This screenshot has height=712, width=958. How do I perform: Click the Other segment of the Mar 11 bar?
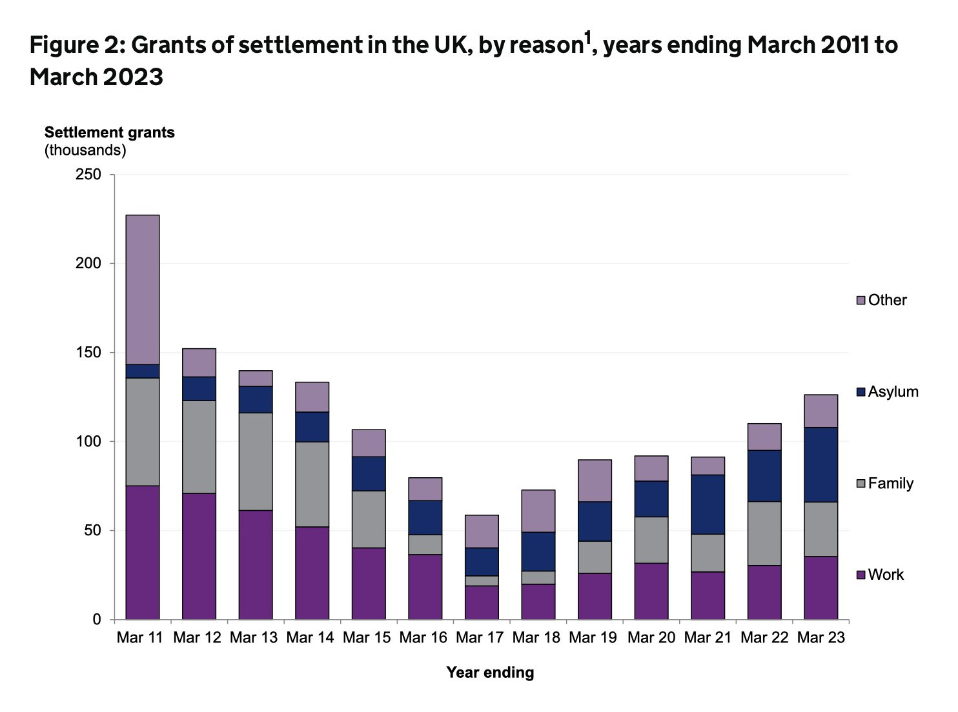(x=143, y=290)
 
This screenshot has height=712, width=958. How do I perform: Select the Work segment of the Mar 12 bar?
(x=199, y=556)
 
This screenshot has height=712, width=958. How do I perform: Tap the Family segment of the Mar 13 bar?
(x=256, y=461)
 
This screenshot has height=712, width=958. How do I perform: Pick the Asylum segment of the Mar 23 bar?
(x=820, y=464)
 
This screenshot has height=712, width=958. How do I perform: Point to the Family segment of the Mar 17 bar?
(x=482, y=580)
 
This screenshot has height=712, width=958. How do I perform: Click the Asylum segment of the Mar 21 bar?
(x=708, y=504)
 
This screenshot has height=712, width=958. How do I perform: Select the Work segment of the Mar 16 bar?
(x=425, y=587)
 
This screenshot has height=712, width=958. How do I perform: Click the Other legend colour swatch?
(x=861, y=301)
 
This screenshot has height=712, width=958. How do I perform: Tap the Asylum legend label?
(x=893, y=391)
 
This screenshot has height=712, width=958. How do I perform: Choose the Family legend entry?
(x=884, y=483)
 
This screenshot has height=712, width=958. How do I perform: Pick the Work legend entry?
(x=879, y=575)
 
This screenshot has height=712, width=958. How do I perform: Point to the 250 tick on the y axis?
(x=88, y=175)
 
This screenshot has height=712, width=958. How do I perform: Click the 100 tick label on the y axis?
(x=88, y=442)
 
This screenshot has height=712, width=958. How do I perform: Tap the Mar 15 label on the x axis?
(x=367, y=638)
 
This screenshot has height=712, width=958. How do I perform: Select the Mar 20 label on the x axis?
(x=651, y=638)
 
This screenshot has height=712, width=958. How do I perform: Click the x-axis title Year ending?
(x=490, y=673)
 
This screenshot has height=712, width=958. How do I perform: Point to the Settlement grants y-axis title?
(x=109, y=132)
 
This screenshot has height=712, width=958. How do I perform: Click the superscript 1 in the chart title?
(x=587, y=39)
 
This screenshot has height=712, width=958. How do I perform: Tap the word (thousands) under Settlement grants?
(x=85, y=150)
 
